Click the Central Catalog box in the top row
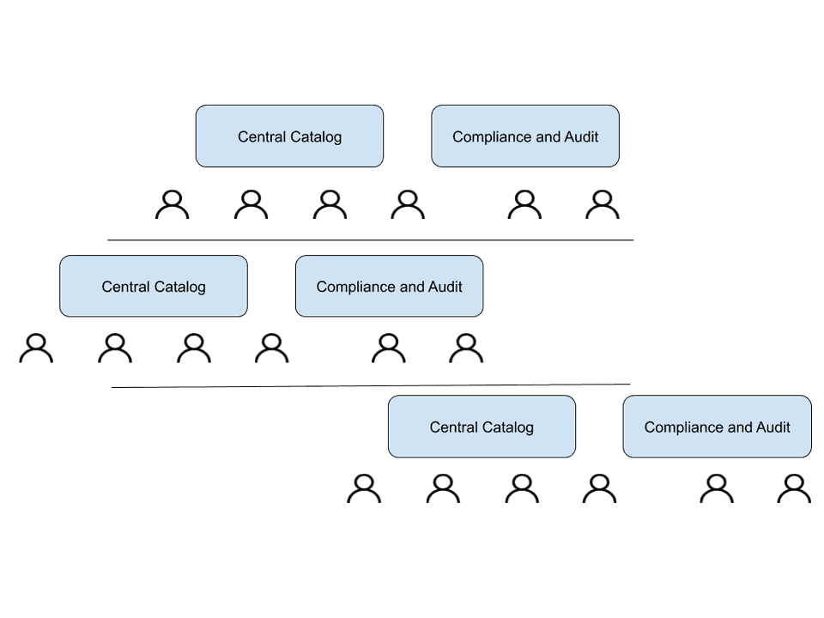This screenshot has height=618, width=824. pos(289,136)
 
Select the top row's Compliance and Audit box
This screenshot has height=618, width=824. pos(524,136)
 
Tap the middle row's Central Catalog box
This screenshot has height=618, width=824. pos(154,286)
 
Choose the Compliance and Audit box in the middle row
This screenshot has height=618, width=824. pos(389,286)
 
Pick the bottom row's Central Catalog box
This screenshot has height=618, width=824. pos(482,427)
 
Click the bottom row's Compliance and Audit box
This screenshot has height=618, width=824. pos(717,427)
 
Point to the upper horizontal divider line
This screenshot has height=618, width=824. pos(369,240)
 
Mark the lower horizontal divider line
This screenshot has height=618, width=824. pos(369,385)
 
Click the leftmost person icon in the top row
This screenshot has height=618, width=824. pos(173,204)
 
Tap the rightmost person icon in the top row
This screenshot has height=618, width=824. pos(603,204)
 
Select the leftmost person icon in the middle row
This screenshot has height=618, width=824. pos(36,348)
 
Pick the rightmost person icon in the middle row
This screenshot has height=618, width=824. pos(466,348)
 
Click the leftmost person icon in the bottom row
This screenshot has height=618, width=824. pos(364,488)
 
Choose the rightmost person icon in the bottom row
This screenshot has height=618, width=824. pos(794,488)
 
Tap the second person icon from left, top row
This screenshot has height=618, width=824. pos(251,204)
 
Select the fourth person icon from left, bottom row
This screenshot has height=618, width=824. pos(599,488)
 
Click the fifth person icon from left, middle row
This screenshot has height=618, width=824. pos(389,348)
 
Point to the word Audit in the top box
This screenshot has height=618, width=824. pos(581,136)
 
